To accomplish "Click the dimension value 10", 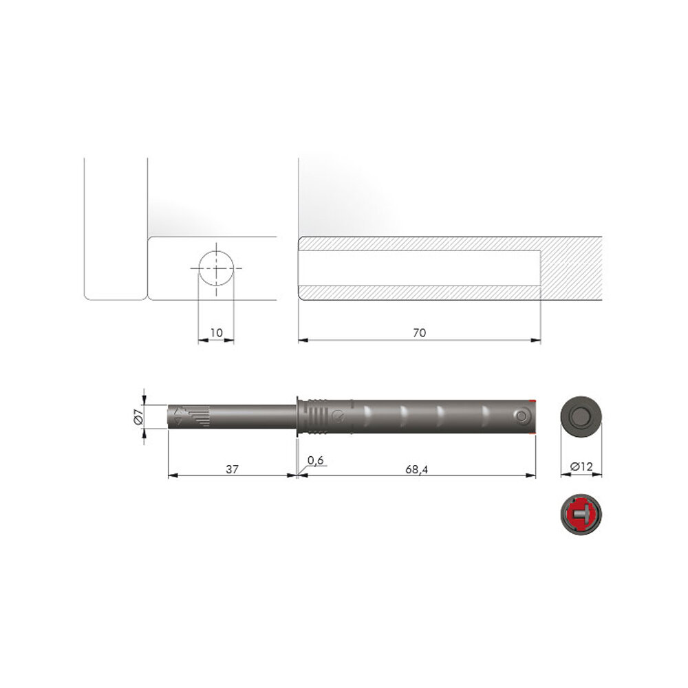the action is tap(216, 332).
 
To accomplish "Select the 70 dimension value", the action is tap(420, 332).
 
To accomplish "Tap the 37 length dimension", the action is tap(232, 469).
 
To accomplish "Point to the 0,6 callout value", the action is tap(316, 460).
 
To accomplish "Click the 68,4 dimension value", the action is tap(416, 469).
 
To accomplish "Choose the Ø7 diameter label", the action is tap(138, 416).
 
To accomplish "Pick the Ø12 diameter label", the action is tap(582, 466).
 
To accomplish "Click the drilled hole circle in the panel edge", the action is tap(216, 268).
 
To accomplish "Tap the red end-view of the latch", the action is tap(581, 514).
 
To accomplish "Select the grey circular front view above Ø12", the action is tap(581, 416).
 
